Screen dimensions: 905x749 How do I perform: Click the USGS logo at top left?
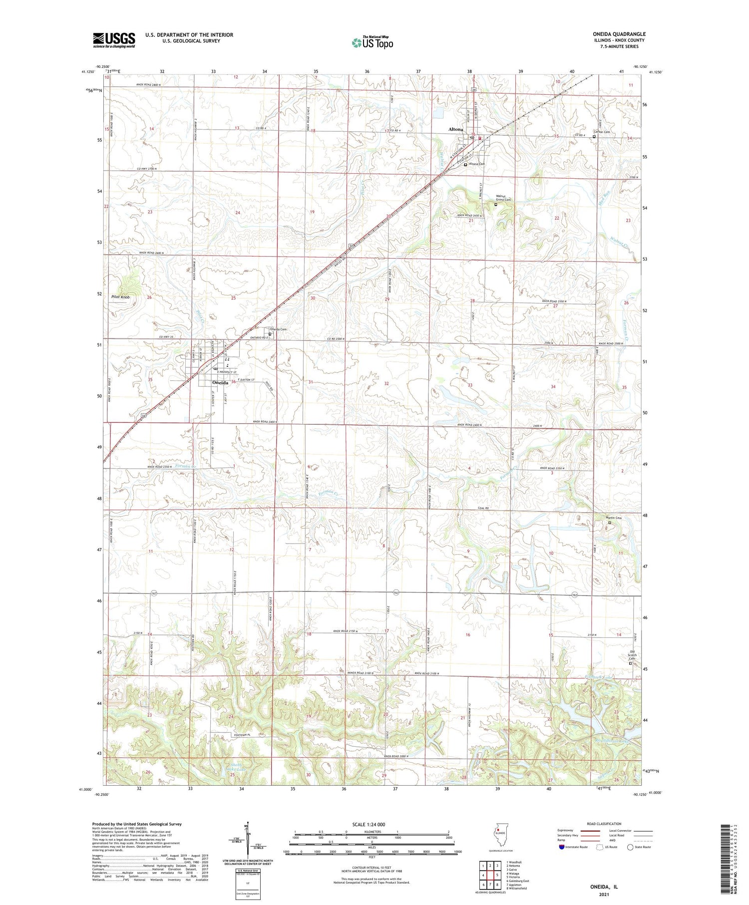114,40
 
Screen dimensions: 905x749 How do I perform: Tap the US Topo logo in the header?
372,42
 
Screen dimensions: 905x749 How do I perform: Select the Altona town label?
455,129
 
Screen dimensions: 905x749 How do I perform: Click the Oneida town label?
220,382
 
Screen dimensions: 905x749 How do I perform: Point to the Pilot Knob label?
120,297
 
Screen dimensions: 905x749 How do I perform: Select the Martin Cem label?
614,518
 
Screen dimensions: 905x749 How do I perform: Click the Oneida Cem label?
278,329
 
